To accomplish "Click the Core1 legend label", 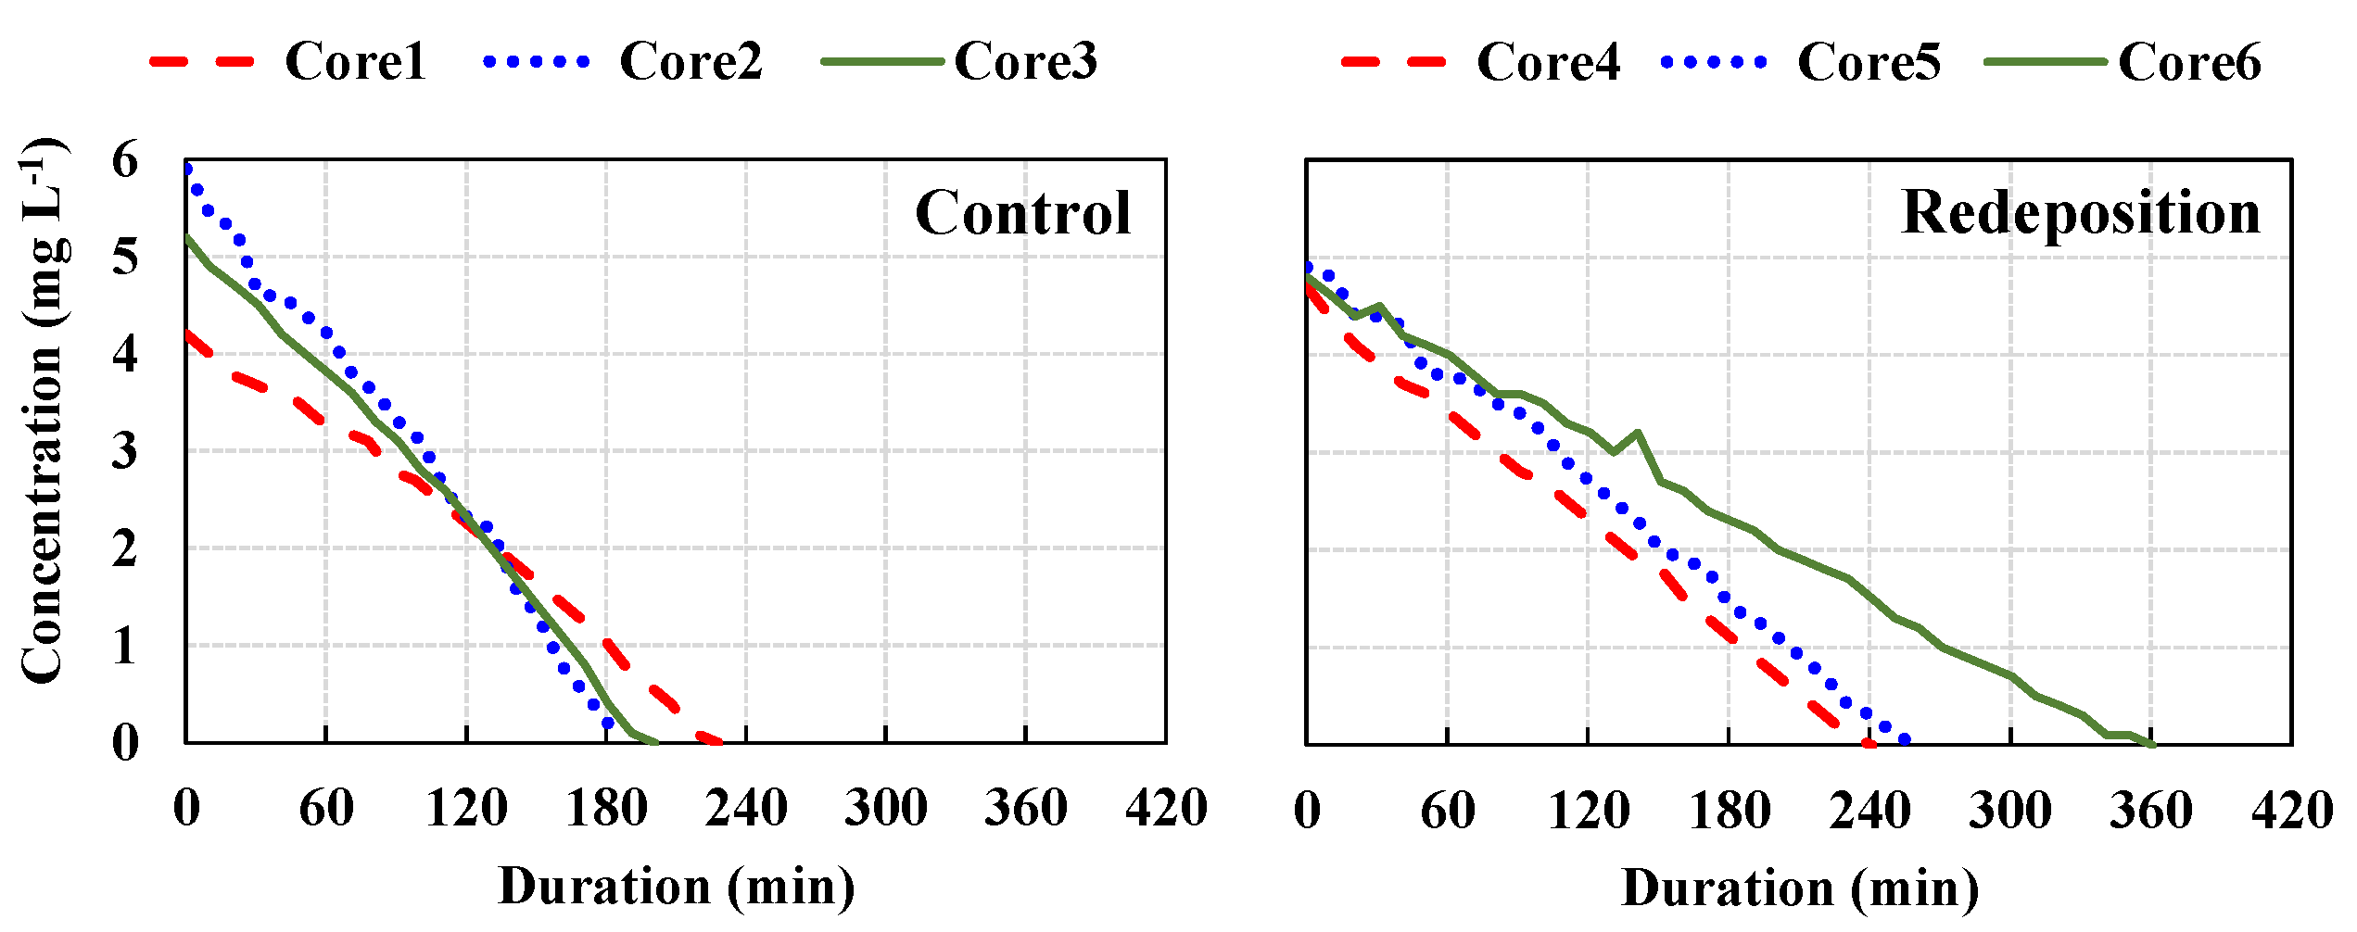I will click(356, 62).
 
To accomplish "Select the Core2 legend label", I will click(691, 62).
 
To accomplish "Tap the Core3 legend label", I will click(1025, 62).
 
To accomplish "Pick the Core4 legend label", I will click(1548, 63).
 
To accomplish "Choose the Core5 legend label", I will click(1869, 63).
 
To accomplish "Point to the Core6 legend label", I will click(2189, 63).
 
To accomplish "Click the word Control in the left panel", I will click(1023, 213).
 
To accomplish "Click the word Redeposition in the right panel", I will click(2081, 213).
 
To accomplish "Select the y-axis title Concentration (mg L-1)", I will click(42, 412).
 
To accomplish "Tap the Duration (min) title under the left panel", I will click(677, 887).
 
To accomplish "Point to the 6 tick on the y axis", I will click(125, 161).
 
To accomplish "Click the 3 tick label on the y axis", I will click(125, 452).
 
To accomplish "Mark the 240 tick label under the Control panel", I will click(746, 808).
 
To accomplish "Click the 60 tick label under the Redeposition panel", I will click(1448, 810).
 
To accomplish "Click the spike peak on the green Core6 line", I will click(1638, 433).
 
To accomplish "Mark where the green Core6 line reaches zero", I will click(2151, 744).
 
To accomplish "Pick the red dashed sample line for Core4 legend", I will click(1393, 63).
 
